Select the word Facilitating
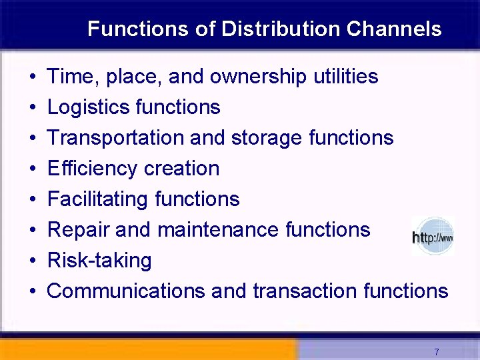click(x=98, y=199)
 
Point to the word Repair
click(x=78, y=230)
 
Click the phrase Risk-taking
click(x=100, y=261)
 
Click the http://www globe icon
click(x=433, y=236)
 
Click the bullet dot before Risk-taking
click(x=33, y=261)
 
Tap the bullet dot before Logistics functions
click(x=33, y=108)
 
